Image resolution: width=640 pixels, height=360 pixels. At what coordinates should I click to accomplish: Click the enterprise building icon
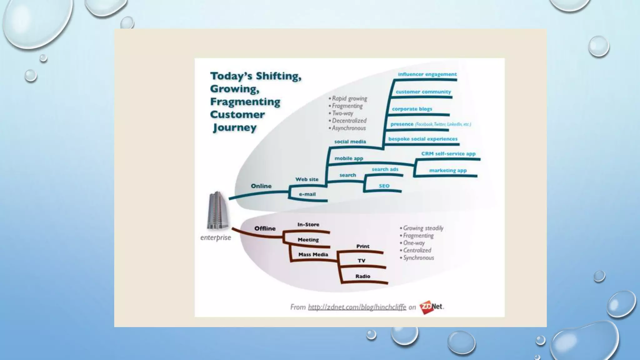217,210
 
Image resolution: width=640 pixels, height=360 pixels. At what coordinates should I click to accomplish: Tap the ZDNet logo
431,307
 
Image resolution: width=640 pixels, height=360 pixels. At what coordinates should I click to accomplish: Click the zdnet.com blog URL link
357,307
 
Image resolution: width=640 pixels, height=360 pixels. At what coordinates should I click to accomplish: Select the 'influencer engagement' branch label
427,74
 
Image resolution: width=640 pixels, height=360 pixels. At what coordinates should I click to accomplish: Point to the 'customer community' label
423,92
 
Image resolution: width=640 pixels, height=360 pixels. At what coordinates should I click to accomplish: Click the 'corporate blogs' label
412,109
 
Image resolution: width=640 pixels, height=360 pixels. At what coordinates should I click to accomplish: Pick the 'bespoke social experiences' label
422,139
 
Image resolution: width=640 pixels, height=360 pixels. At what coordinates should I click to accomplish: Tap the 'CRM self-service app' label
448,154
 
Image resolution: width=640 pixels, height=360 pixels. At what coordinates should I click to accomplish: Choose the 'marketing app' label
447,171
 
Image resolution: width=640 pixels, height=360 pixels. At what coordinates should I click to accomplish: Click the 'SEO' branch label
384,186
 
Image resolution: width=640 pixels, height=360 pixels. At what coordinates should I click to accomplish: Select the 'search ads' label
385,169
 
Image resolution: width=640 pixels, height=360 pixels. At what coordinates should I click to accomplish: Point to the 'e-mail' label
307,194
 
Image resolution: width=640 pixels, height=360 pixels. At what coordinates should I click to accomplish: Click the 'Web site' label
307,179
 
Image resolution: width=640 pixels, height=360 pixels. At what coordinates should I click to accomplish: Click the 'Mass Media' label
313,255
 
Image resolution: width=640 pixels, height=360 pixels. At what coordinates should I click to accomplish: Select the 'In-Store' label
308,225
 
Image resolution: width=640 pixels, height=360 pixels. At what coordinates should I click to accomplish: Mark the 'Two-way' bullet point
342,113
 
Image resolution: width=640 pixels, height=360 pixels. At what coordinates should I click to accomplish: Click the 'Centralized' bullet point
417,250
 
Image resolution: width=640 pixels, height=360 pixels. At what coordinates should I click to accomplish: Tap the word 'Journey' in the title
234,127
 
